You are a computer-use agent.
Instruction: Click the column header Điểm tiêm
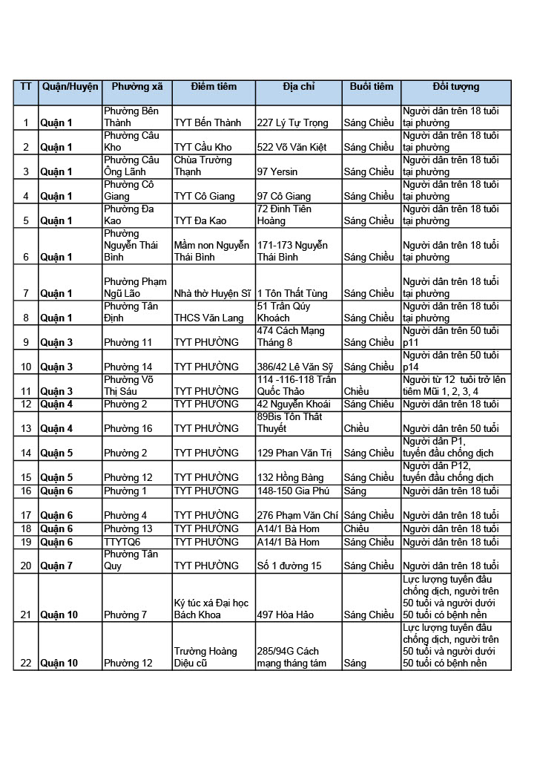click(214, 87)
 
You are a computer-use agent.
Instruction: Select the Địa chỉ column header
click(298, 87)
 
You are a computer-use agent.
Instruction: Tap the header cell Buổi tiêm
click(372, 87)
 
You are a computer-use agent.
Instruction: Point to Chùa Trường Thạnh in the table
click(202, 166)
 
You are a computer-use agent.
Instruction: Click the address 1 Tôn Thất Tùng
click(292, 294)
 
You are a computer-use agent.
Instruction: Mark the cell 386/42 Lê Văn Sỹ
click(297, 367)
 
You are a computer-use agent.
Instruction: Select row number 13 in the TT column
click(26, 429)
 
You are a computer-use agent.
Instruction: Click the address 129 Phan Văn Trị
click(295, 453)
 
